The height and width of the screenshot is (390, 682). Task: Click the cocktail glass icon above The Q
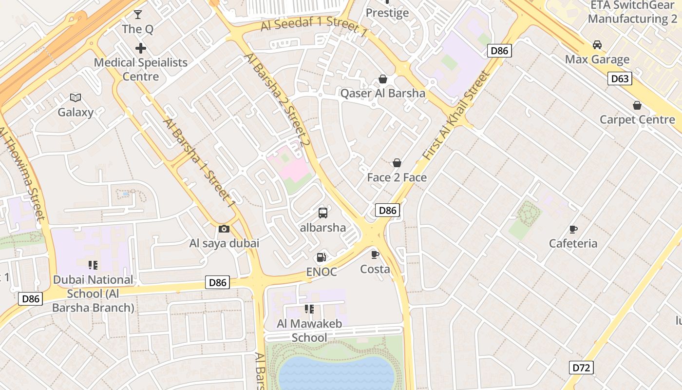(138, 14)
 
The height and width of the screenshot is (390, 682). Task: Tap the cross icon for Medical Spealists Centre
(141, 48)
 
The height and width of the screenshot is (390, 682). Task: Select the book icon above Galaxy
(76, 97)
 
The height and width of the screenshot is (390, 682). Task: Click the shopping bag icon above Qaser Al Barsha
(383, 79)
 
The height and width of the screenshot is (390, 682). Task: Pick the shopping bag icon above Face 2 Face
(397, 163)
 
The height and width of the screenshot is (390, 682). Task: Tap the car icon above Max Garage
(597, 45)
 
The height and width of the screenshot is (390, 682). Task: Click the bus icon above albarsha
(323, 213)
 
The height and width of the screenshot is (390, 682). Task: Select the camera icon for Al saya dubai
(224, 229)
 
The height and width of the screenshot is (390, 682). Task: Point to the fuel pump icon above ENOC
(321, 257)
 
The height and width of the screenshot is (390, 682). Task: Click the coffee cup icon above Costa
(375, 254)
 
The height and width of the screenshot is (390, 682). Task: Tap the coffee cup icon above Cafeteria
(573, 229)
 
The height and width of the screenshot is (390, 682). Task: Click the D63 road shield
(620, 78)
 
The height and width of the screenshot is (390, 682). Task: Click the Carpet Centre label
(637, 119)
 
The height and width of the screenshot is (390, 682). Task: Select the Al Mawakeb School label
(309, 330)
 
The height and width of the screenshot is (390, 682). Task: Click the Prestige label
(387, 13)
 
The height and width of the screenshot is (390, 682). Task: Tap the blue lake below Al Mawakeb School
(336, 373)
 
